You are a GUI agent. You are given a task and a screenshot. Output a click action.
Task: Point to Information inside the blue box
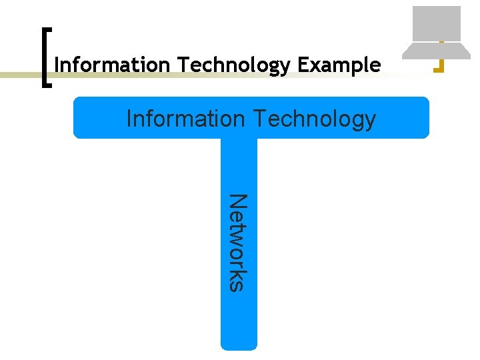pos(186,119)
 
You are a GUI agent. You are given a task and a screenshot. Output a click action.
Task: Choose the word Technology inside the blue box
pos(314,119)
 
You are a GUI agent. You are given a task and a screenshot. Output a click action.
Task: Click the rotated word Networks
pos(238,242)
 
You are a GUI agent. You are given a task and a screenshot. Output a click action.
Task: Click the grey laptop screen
pos(437,23)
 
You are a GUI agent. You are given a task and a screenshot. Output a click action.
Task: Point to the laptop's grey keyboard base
pos(437,51)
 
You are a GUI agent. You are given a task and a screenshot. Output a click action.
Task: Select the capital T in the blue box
pos(259,119)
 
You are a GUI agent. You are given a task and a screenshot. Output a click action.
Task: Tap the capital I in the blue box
pos(129,119)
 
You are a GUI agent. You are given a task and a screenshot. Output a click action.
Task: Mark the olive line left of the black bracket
pos(20,75)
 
